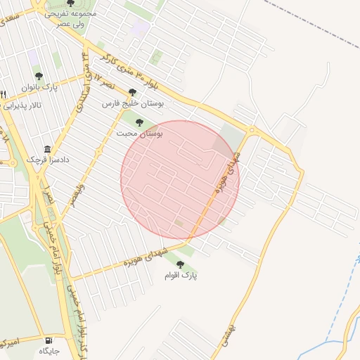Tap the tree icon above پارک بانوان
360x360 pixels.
(x=39, y=76)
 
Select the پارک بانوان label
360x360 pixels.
(x=39, y=87)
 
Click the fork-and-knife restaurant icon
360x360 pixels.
(x=4, y=95)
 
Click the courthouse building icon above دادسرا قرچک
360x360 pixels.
(x=48, y=149)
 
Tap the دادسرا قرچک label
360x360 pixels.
(x=48, y=160)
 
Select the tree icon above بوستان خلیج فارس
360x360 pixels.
(x=132, y=92)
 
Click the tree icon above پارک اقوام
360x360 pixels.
(x=180, y=264)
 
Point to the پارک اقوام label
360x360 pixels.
(x=181, y=276)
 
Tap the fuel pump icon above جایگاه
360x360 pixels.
(x=48, y=340)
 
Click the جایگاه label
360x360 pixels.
(x=49, y=350)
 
